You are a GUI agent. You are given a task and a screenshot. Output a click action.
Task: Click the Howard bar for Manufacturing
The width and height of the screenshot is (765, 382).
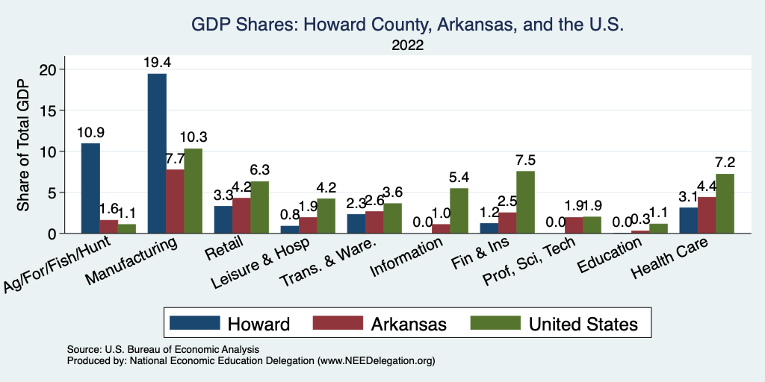point(157,153)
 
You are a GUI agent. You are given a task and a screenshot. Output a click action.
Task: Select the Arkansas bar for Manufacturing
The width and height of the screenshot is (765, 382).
point(175,201)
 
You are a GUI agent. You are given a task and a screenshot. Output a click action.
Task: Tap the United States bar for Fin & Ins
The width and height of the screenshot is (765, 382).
point(525,202)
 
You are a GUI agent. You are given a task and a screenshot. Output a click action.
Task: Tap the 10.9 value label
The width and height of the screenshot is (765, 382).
point(90,132)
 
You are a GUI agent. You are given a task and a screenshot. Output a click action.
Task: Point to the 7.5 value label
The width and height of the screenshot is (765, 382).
point(525,160)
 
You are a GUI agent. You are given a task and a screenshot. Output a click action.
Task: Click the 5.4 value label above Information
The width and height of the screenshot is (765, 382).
point(459,178)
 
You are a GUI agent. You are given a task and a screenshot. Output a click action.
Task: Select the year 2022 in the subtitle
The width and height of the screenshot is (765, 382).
point(407,46)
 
